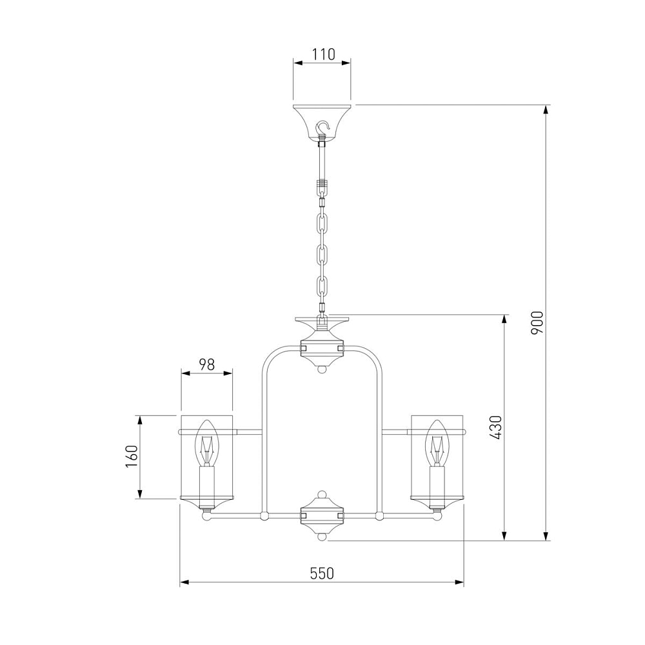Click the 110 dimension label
click(x=323, y=54)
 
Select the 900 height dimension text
click(x=537, y=322)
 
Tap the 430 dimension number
click(x=496, y=428)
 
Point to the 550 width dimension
click(x=322, y=573)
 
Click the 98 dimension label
click(x=207, y=364)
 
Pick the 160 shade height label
click(x=132, y=456)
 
